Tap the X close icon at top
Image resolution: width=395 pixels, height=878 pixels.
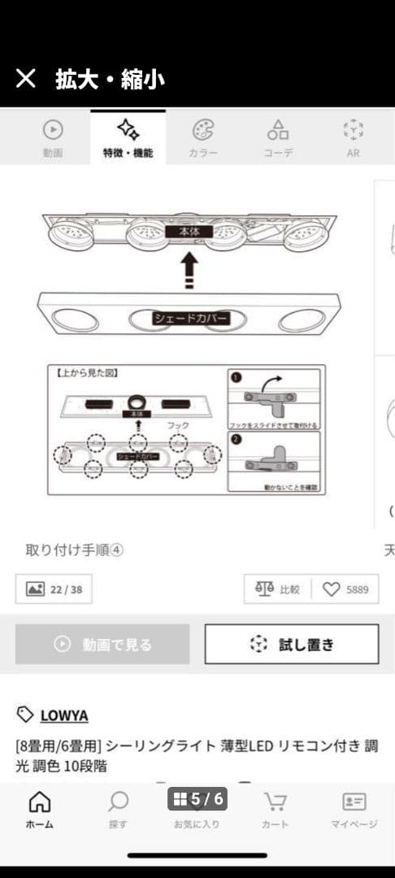26,79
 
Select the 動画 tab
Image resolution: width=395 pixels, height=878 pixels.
53,137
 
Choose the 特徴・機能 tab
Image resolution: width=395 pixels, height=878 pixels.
128,137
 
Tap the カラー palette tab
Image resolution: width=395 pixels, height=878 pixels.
203,137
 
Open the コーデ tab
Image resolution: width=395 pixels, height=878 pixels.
278,137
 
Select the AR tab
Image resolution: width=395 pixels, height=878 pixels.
354,137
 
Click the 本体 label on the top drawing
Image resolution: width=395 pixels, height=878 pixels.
189,232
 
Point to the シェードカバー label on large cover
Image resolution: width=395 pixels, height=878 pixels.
191,319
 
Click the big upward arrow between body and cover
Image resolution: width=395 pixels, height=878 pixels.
189,268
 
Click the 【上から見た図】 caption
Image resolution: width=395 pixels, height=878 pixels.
88,373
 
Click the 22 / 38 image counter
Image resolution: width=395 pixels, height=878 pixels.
54,589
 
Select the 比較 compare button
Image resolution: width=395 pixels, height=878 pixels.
277,589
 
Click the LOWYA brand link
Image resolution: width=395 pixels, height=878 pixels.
63,715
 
